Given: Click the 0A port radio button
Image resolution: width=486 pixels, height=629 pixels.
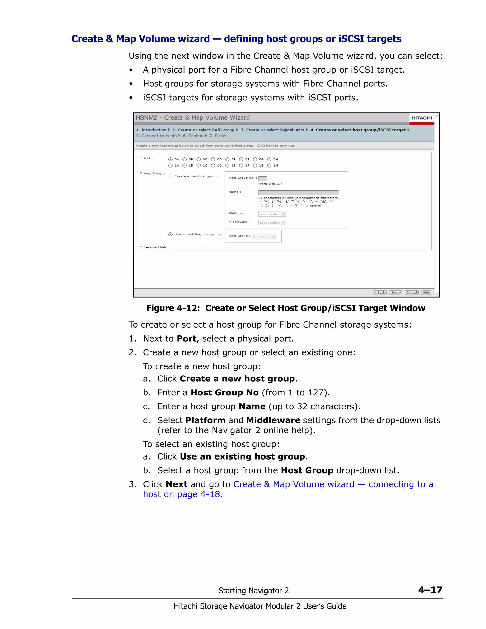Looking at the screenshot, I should (170, 159).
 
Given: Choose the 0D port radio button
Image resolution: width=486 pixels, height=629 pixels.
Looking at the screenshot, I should (213, 159).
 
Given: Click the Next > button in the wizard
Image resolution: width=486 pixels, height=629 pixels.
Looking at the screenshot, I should (396, 292).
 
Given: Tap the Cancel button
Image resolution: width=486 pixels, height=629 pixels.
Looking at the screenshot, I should (411, 292).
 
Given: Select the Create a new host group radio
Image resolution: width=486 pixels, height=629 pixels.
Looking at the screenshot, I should (170, 176).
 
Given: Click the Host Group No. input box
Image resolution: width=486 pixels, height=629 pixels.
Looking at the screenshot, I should (263, 178).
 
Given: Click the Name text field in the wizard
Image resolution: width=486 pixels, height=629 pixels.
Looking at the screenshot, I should (298, 192).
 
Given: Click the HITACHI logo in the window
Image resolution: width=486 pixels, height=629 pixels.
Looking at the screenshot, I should (421, 118).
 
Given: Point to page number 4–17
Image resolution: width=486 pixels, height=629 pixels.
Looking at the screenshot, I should (430, 590).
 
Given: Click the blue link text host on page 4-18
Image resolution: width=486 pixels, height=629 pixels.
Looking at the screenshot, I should (181, 494).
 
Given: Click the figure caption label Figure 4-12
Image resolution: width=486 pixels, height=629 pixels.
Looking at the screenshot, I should (173, 308).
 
